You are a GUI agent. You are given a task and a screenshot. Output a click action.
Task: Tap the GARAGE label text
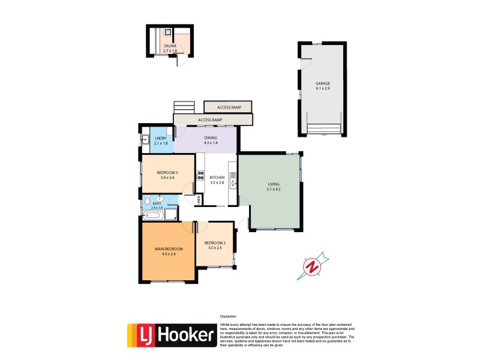(x=323, y=83)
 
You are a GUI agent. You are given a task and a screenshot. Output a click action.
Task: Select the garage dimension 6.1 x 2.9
(x=323, y=89)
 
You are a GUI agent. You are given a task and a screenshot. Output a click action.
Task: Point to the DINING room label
(x=209, y=138)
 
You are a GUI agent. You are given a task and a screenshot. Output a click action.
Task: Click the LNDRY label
(x=160, y=138)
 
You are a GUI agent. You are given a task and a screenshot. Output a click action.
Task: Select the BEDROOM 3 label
(x=168, y=173)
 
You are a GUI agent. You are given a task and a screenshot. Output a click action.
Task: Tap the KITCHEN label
(x=217, y=178)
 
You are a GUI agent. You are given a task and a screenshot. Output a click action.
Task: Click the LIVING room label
(x=274, y=184)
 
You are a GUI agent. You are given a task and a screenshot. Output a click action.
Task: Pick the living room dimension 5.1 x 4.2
(x=274, y=190)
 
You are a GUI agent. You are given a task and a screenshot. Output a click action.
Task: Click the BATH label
(x=157, y=203)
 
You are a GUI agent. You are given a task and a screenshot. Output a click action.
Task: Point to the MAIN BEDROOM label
(x=168, y=248)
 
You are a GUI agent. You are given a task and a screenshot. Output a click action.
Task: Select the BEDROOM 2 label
(x=214, y=242)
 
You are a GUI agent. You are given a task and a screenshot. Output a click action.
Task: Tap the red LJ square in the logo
(x=142, y=335)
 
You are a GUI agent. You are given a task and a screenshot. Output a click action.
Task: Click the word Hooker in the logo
(x=185, y=335)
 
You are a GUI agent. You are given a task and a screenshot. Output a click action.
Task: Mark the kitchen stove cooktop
(x=200, y=176)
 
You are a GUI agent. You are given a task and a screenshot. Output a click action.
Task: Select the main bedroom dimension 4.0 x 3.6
(x=168, y=254)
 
